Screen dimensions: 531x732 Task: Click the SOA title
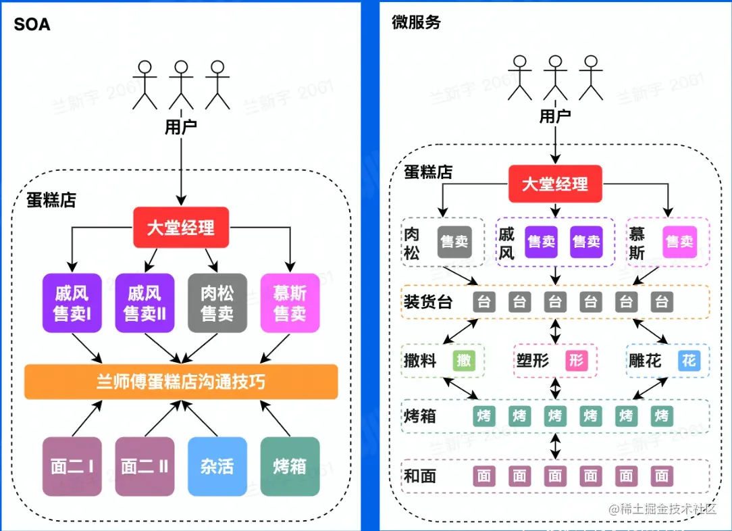pos(32,26)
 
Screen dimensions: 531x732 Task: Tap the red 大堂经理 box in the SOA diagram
pos(181,227)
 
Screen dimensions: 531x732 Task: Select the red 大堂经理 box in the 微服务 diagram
pos(555,184)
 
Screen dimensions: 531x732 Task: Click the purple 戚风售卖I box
pos(72,303)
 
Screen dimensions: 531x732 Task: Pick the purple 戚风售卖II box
pos(145,303)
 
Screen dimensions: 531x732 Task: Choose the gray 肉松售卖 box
pos(217,303)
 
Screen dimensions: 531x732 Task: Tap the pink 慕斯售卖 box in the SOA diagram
pos(290,303)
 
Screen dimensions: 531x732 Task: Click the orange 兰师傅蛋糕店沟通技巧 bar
pos(181,382)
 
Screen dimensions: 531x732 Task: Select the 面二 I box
pos(72,466)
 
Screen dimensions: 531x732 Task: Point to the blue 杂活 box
pos(217,466)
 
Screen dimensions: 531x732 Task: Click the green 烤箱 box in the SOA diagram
pos(290,466)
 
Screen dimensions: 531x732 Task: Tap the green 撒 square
pos(464,361)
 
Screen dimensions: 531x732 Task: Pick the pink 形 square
pos(576,361)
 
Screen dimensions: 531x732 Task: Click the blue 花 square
pos(689,361)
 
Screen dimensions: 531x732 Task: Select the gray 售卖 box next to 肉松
pos(454,242)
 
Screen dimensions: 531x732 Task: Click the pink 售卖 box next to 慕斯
pos(679,242)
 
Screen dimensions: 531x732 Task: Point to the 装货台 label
pos(428,302)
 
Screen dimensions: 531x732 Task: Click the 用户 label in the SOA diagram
pos(181,127)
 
